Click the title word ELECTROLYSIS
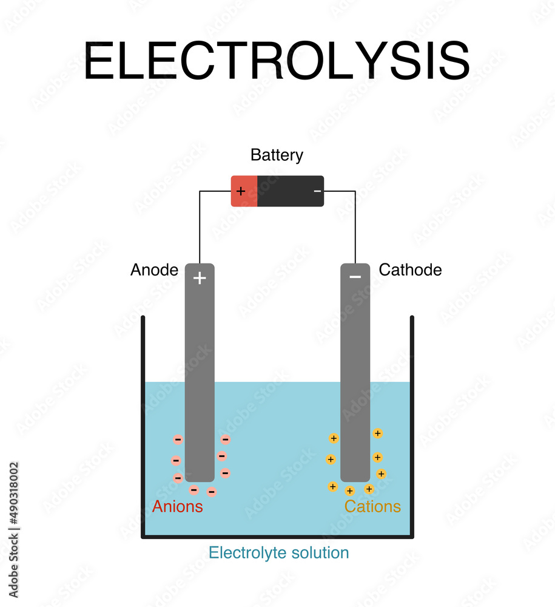(277, 61)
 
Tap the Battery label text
(277, 155)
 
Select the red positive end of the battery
(244, 191)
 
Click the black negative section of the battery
(290, 191)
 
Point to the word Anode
(154, 270)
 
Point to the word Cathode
(410, 270)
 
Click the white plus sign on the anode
(200, 278)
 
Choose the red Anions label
(177, 507)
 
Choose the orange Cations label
(372, 507)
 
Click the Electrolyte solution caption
(278, 553)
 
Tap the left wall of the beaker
(143, 425)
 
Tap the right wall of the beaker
(412, 425)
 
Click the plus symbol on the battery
(241, 191)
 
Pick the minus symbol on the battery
(317, 191)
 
